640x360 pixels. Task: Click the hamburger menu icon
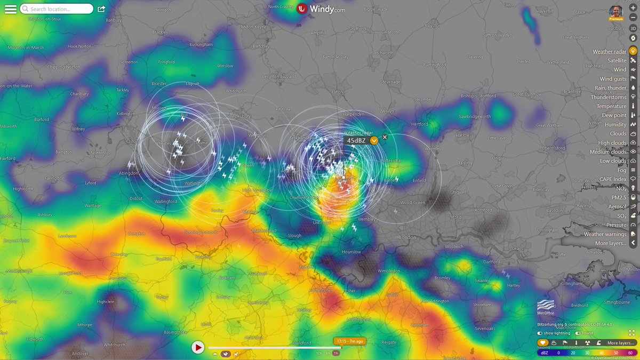10,9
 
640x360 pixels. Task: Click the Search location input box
56,9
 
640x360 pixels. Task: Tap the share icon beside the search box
101,9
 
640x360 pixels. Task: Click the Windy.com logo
321,9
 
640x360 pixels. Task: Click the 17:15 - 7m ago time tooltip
349,341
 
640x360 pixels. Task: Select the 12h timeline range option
319,353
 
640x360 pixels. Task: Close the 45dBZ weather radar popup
385,137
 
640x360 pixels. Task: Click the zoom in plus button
633,9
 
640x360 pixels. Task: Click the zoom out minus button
633,17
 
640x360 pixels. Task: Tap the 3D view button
633,28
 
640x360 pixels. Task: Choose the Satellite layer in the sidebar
617,61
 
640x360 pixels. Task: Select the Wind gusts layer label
613,79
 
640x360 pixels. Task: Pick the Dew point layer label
614,115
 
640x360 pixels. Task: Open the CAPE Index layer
613,179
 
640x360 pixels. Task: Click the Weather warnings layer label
605,234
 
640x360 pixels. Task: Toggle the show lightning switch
540,333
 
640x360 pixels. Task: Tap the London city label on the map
407,237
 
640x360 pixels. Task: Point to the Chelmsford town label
553,148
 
